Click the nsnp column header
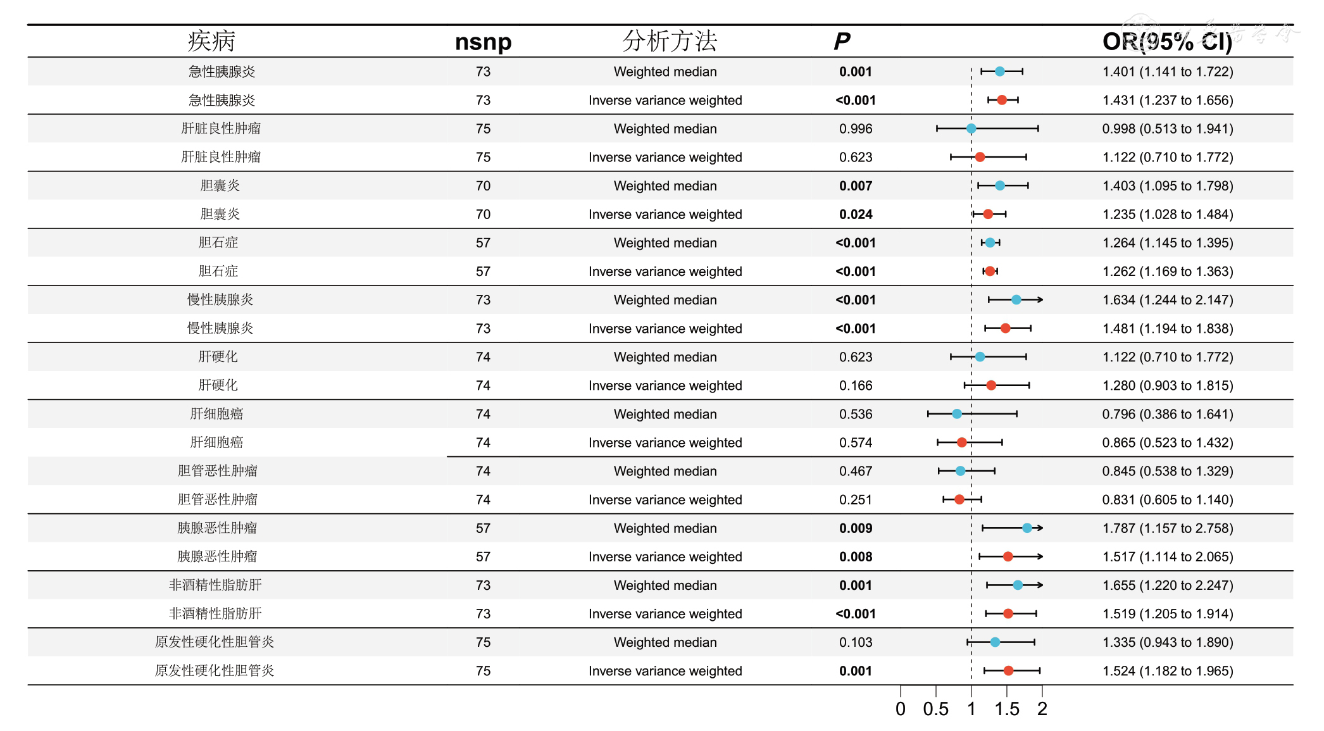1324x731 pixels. [483, 42]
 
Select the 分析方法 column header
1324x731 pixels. [669, 41]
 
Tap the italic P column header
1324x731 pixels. [842, 42]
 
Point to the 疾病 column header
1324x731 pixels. [211, 41]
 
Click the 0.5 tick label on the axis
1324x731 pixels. [935, 709]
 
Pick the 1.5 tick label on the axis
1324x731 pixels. [1006, 709]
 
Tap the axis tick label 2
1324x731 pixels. [1042, 709]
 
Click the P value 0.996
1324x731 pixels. [856, 129]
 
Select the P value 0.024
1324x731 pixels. [856, 215]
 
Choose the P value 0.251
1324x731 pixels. [856, 500]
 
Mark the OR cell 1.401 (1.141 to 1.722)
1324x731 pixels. [1168, 72]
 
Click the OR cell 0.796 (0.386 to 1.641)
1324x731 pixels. [1168, 415]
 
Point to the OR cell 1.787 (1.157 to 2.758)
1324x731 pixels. [1168, 528]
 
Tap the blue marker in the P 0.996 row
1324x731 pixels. [971, 129]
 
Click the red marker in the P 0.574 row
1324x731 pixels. [962, 442]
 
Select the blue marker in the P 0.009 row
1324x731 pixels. [1027, 528]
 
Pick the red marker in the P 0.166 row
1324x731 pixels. [991, 385]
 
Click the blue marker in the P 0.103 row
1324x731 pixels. [996, 642]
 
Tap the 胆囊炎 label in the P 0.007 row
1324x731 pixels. [220, 186]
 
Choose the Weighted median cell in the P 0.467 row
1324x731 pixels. [665, 472]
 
